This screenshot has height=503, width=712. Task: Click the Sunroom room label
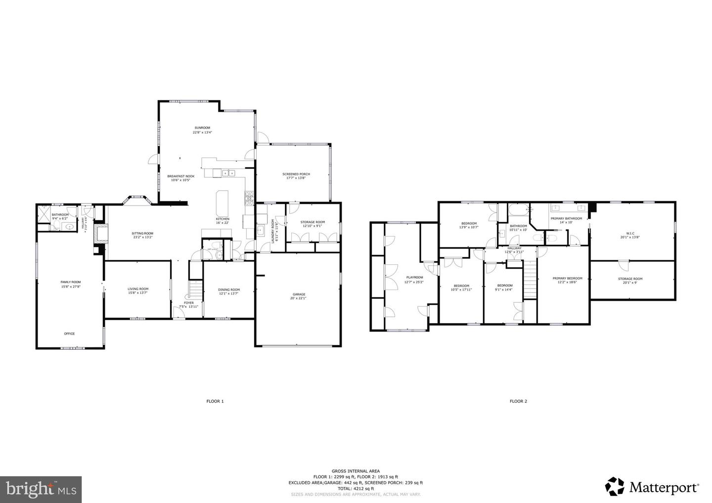point(202,127)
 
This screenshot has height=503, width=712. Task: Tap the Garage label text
point(298,294)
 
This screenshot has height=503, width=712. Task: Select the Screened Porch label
point(296,174)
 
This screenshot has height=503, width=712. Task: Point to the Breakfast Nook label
point(180,176)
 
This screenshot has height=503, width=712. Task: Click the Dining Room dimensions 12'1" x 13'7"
point(228,293)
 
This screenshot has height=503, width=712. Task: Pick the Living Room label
point(138,289)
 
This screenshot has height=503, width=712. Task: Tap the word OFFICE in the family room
point(69,334)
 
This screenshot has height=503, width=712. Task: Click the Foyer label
point(189,303)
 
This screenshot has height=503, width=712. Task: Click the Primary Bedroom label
point(567,278)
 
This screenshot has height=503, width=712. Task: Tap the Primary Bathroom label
point(566,218)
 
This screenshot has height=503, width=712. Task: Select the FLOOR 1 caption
point(215,401)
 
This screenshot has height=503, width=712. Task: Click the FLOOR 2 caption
point(518,401)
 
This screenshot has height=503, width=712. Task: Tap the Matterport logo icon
point(615,486)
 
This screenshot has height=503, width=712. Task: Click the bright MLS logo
point(41,489)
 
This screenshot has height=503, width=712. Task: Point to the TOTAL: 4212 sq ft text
point(356,488)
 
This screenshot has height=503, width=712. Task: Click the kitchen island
point(222,203)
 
